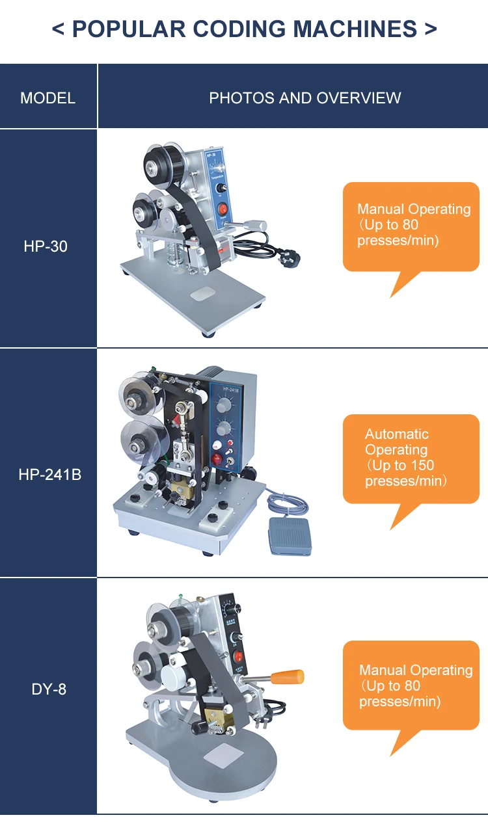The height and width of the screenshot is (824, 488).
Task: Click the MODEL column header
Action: pyautogui.click(x=47, y=98)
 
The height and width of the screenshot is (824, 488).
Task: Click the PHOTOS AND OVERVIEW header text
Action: pyautogui.click(x=305, y=98)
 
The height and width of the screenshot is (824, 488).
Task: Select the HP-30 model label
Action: pyautogui.click(x=46, y=247)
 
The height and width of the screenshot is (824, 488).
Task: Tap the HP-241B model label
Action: pyautogui.click(x=49, y=475)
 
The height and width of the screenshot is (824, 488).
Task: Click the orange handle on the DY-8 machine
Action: pyautogui.click(x=288, y=677)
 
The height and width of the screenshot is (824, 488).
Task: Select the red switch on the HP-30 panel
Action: pyautogui.click(x=223, y=209)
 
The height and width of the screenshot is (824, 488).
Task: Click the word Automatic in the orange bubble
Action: pyautogui.click(x=396, y=434)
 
